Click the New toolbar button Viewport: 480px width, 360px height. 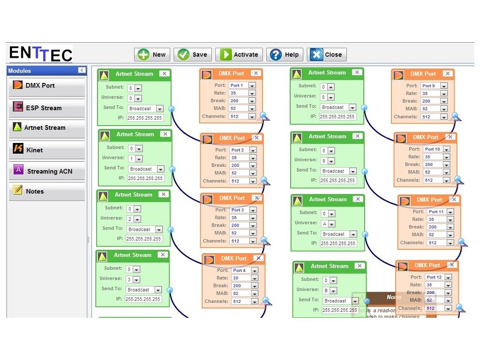(x=151, y=54)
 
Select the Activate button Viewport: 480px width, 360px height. (x=239, y=54)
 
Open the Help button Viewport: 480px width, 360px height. (x=285, y=54)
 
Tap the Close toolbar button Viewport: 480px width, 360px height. (x=327, y=54)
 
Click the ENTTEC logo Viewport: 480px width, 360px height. (x=41, y=53)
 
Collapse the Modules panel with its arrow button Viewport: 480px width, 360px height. (x=82, y=70)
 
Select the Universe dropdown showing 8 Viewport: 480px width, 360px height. (x=327, y=97)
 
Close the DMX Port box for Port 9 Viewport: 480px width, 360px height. (x=447, y=74)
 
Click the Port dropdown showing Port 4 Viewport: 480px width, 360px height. (x=244, y=270)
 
